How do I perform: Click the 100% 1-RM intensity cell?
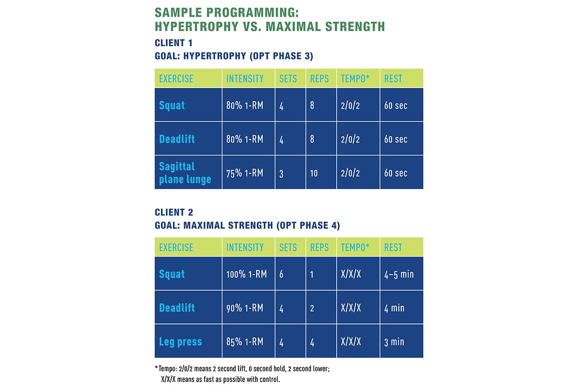pyautogui.click(x=245, y=274)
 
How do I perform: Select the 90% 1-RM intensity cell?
pyautogui.click(x=245, y=308)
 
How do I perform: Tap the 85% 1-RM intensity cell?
pyautogui.click(x=245, y=342)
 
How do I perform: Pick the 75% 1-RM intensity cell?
pyautogui.click(x=245, y=173)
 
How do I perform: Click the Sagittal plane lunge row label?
pyautogui.click(x=185, y=173)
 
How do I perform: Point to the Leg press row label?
pyautogui.click(x=180, y=342)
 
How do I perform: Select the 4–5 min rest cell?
pyautogui.click(x=399, y=274)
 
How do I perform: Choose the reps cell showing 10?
pyautogui.click(x=314, y=173)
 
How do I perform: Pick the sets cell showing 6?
pyautogui.click(x=282, y=274)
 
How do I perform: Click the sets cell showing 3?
pyautogui.click(x=282, y=173)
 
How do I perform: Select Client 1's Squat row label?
pyautogui.click(x=172, y=105)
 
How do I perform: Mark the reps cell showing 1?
pyautogui.click(x=312, y=274)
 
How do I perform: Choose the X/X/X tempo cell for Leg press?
pyautogui.click(x=351, y=342)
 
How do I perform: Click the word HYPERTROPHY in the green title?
pyautogui.click(x=197, y=26)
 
